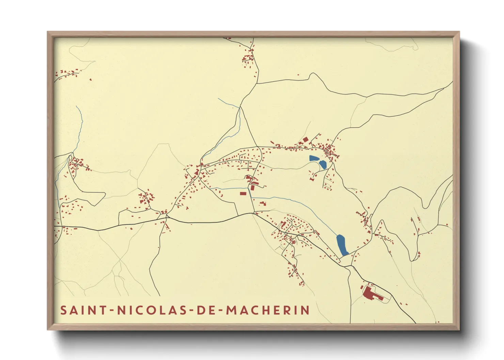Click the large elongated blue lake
[342, 245]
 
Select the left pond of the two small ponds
[314, 158]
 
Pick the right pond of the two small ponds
[322, 165]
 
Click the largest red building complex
[369, 293]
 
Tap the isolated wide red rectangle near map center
[243, 193]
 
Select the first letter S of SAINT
[64, 310]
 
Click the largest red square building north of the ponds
[305, 140]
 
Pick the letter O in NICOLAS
[157, 310]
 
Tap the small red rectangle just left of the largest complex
[362, 288]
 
